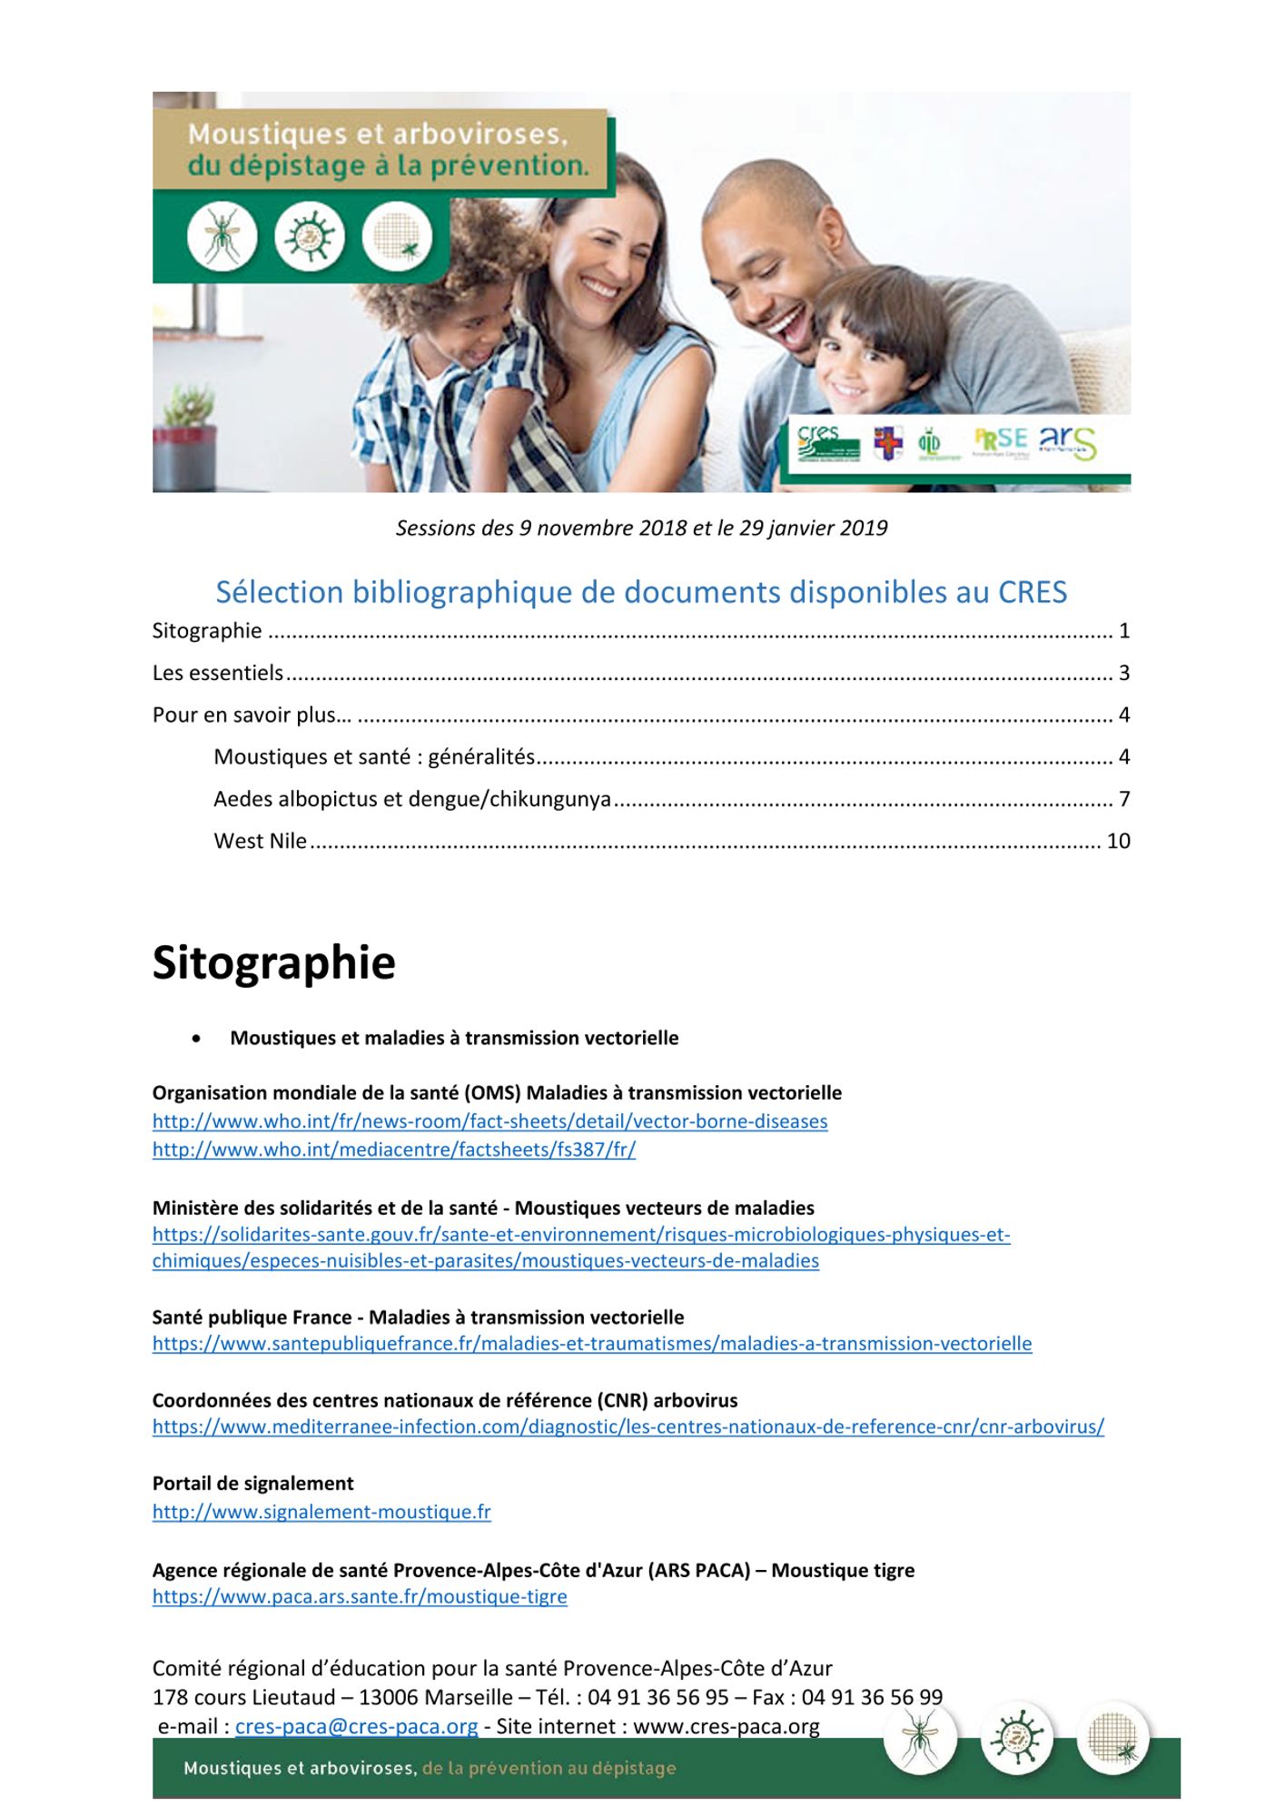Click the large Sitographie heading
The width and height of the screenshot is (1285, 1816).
[273, 962]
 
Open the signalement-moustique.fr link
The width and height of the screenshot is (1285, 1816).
[321, 1512]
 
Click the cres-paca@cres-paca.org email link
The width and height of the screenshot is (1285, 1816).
[356, 1726]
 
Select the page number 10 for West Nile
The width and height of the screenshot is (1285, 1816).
[1118, 841]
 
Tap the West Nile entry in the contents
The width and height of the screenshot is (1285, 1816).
[261, 841]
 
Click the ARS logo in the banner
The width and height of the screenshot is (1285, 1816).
[1067, 442]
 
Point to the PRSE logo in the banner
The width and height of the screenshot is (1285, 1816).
[1000, 441]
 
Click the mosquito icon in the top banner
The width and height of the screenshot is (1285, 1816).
[222, 236]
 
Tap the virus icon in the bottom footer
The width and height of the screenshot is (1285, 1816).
[1017, 1737]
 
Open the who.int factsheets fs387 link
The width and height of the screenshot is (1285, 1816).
[394, 1150]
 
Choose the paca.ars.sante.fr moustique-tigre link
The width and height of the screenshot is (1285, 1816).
[360, 1596]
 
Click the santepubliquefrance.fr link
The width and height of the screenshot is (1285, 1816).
[592, 1344]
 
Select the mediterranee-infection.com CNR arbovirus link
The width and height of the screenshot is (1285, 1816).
[628, 1426]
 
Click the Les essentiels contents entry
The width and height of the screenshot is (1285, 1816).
[218, 673]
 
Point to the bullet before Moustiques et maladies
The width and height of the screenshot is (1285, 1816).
[196, 1039]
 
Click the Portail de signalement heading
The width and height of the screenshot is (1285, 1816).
[252, 1484]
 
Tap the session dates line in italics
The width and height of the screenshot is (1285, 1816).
[641, 528]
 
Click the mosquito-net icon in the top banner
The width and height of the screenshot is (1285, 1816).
[397, 236]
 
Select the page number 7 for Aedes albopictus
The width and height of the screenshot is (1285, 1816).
[1124, 799]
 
